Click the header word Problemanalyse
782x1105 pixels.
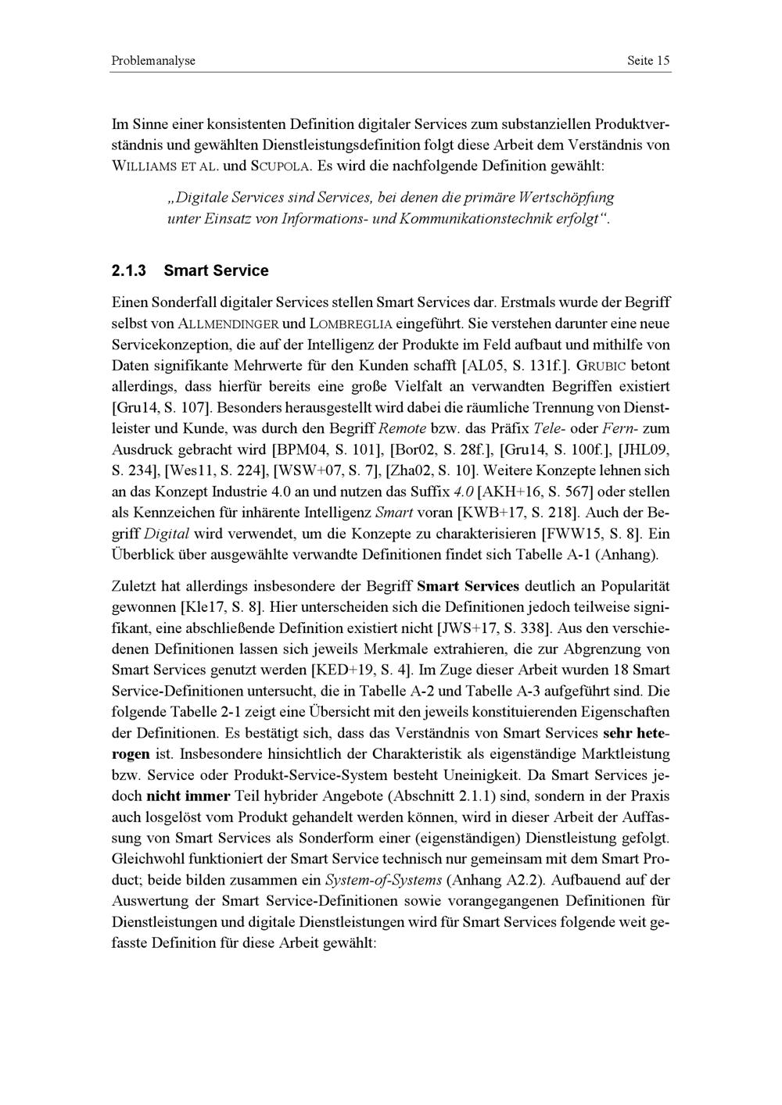(153, 60)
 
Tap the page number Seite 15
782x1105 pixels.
(648, 60)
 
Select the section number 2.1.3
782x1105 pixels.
(128, 271)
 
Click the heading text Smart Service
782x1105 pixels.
(216, 271)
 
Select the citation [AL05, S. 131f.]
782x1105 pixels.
(517, 365)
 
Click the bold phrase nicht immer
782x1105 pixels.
(188, 796)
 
